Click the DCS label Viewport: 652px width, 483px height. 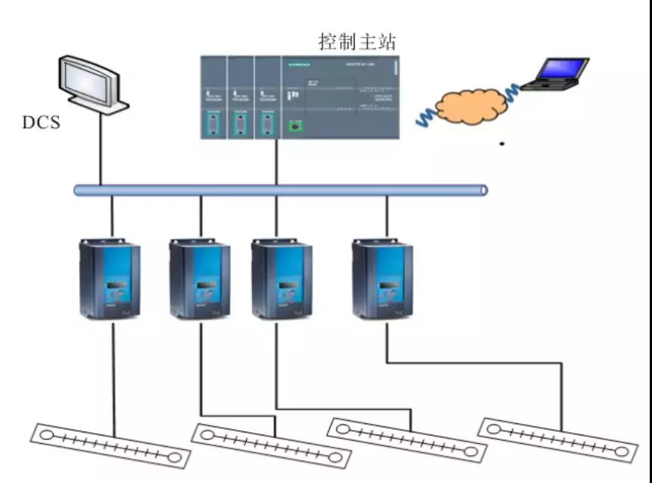pos(41,122)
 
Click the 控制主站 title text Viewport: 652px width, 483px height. pos(357,41)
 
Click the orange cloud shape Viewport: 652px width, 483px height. pos(472,106)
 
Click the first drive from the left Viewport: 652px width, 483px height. pos(110,278)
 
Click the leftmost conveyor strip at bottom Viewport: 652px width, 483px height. pos(109,446)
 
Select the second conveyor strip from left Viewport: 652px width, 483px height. pos(271,446)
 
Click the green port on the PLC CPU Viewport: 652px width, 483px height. pos(296,124)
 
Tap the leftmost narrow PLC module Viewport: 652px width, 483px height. pos(213,98)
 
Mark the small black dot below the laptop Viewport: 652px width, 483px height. pos(503,142)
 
